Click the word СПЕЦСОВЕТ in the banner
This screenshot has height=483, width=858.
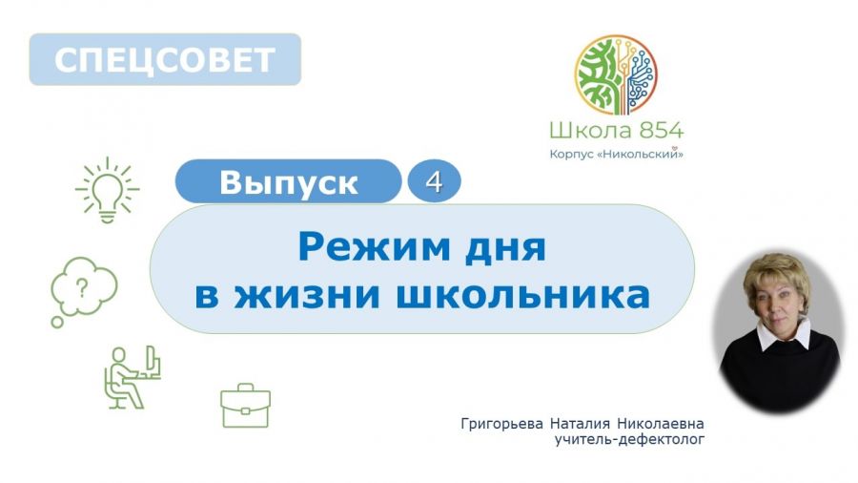pyautogui.click(x=164, y=60)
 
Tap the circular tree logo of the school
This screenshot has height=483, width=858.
pyautogui.click(x=616, y=75)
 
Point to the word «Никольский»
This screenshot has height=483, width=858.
pyautogui.click(x=641, y=155)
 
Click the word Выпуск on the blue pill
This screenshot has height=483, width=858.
pyautogui.click(x=288, y=182)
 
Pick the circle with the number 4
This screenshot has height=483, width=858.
pyautogui.click(x=434, y=181)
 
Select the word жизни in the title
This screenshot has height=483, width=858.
pyautogui.click(x=307, y=295)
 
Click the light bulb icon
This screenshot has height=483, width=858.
pyautogui.click(x=107, y=190)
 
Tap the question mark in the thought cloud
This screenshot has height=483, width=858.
pyautogui.click(x=82, y=287)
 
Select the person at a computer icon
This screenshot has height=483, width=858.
pyautogui.click(x=133, y=377)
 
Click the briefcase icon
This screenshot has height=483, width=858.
pyautogui.click(x=245, y=406)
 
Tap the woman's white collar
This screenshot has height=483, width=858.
pyautogui.click(x=784, y=335)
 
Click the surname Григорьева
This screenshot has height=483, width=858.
pyautogui.click(x=502, y=425)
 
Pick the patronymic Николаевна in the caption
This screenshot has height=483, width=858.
pyautogui.click(x=661, y=424)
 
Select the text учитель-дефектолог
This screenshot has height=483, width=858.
pyautogui.click(x=629, y=439)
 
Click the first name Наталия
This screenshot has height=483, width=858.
pyautogui.click(x=580, y=424)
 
